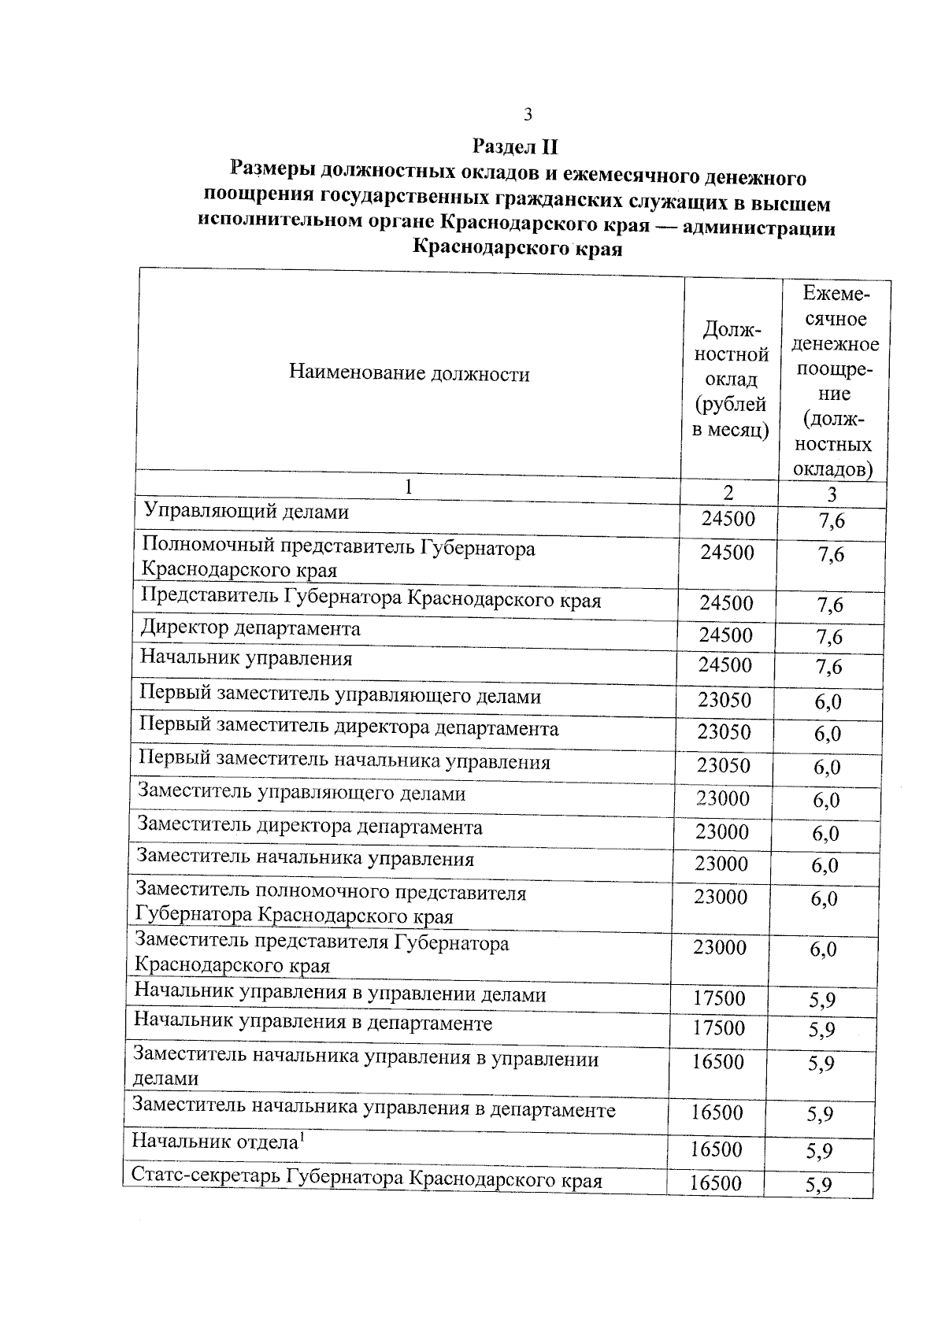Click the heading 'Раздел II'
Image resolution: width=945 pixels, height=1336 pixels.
point(515,146)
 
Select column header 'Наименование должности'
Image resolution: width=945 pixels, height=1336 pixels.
point(409,373)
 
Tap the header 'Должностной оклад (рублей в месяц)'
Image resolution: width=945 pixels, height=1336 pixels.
point(730,379)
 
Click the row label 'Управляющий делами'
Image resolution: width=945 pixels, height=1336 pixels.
point(246,512)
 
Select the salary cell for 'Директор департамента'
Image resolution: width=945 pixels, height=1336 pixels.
point(726,635)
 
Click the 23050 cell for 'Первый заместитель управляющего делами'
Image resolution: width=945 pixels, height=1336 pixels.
point(724,700)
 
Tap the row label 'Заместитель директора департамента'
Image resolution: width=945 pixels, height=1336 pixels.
point(309,827)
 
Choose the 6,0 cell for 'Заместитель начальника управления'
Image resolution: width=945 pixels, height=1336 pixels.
point(825,865)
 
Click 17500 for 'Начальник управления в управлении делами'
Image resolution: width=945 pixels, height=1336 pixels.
point(719,998)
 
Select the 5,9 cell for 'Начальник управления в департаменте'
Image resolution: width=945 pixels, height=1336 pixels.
point(821,1030)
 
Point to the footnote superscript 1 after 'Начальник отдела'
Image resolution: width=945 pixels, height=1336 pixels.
point(301,1134)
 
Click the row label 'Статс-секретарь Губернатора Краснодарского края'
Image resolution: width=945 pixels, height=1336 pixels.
point(366,1179)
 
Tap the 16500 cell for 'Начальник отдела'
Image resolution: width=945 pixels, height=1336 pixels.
point(716,1149)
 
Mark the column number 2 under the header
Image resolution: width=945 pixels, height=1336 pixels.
point(728,493)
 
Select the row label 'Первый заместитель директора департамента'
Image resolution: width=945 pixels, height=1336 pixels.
point(348,728)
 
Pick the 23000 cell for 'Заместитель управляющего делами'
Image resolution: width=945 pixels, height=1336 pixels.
point(723,798)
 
